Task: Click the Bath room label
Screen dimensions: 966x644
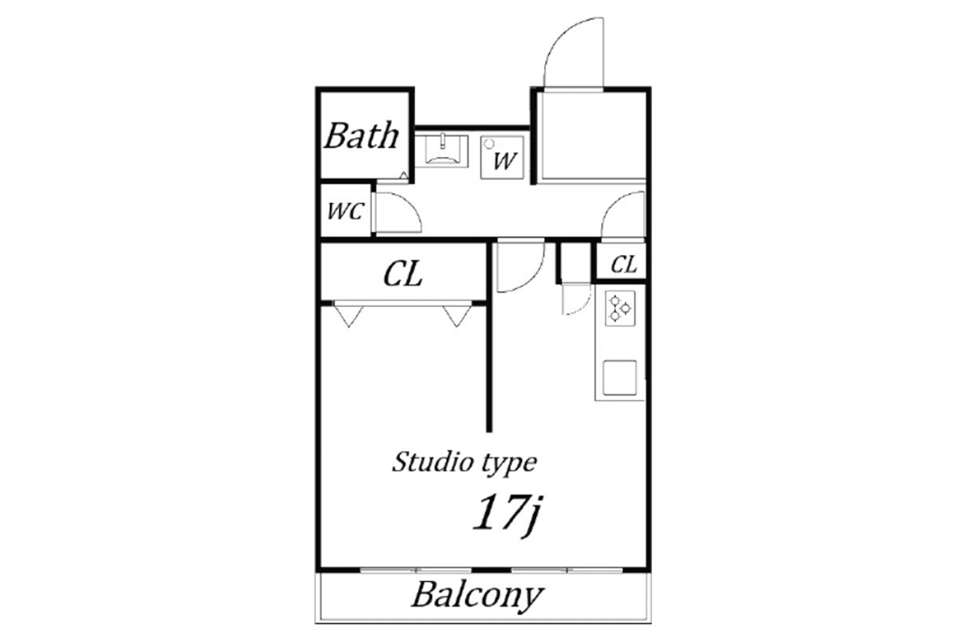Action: click(x=361, y=135)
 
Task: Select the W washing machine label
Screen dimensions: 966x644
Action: click(x=505, y=161)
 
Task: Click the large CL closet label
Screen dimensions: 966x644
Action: click(x=402, y=275)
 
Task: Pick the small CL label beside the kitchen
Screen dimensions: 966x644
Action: click(x=624, y=264)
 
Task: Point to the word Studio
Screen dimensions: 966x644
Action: click(x=432, y=461)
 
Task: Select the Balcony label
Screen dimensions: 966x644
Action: click(x=478, y=597)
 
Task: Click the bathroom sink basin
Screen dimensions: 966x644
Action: click(x=442, y=151)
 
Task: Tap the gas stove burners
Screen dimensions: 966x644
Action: click(x=620, y=308)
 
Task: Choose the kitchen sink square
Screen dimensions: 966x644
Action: click(x=620, y=378)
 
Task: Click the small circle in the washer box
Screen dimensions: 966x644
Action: click(x=489, y=143)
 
